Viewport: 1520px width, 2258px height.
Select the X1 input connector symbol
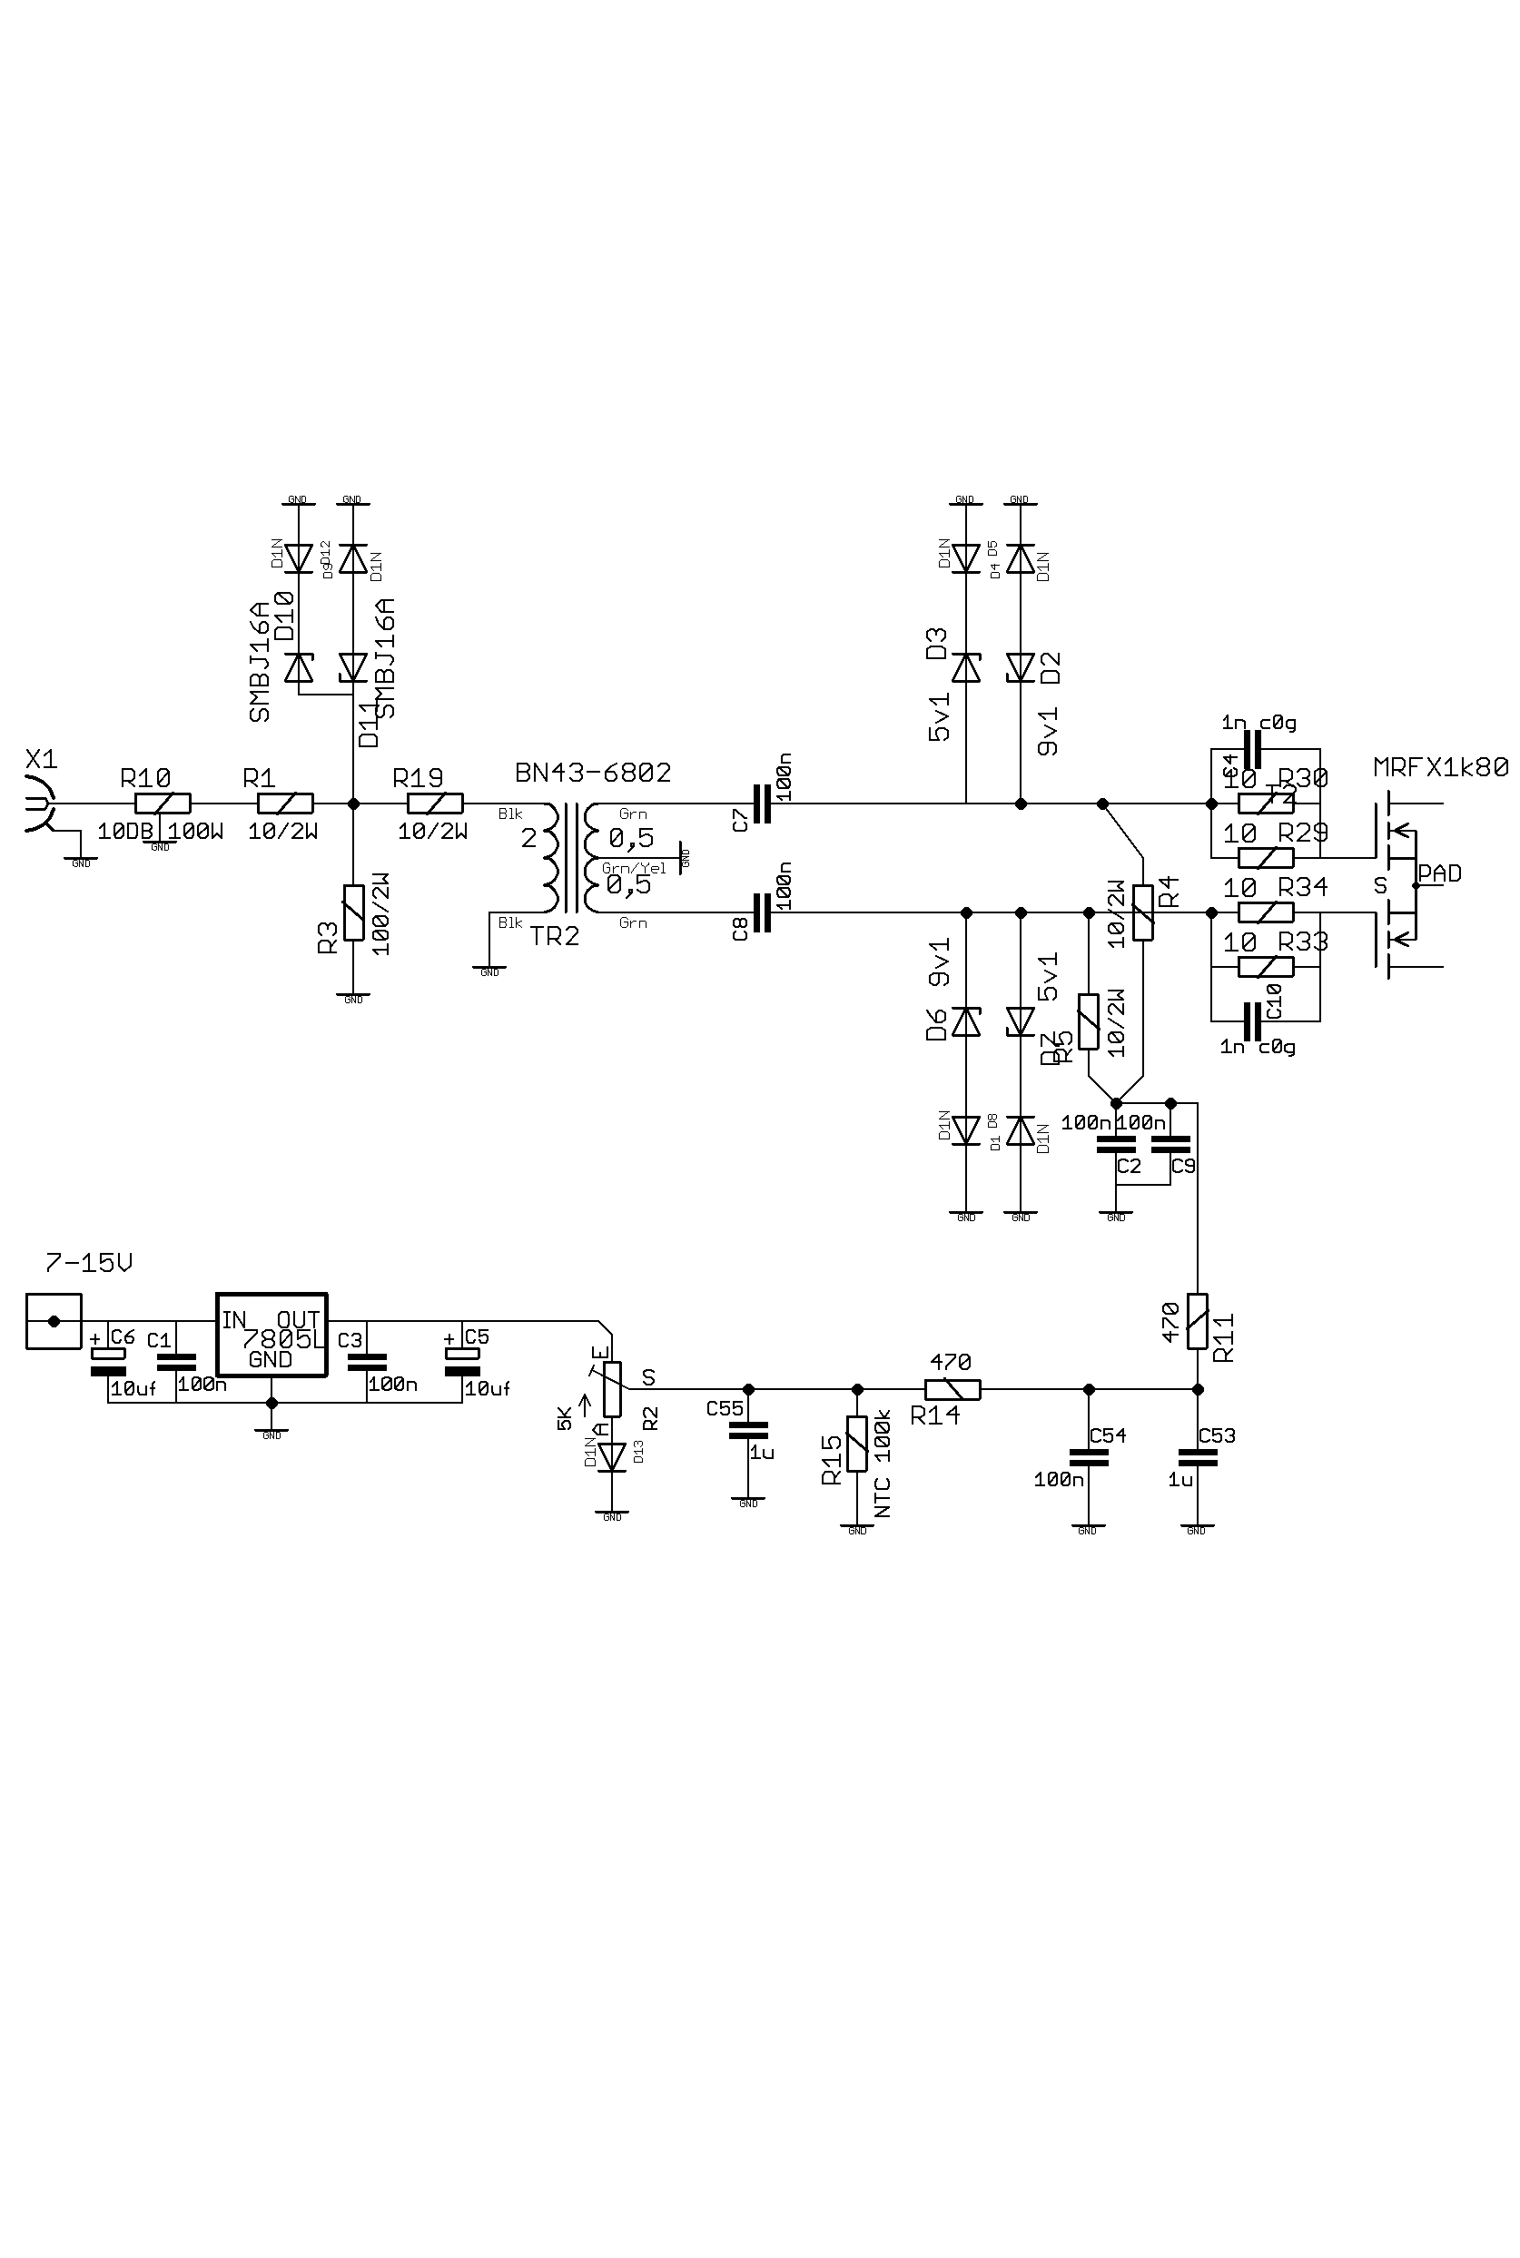tap(37, 804)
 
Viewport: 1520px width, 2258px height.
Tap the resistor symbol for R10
tap(162, 804)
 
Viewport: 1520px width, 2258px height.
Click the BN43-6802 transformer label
tap(593, 773)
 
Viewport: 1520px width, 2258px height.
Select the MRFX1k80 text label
tap(1440, 767)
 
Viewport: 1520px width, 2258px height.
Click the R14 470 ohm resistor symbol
tap(952, 1389)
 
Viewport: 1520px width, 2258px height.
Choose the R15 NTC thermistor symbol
tap(857, 1444)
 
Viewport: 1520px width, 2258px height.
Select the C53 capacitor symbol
tap(1197, 1455)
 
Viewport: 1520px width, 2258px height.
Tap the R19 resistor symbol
tap(435, 804)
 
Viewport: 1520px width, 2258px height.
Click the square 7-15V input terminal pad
tap(54, 1321)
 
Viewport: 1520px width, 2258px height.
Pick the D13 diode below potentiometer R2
tap(612, 1456)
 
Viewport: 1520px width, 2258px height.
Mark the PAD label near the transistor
tap(1439, 873)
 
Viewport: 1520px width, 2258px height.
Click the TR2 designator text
tap(555, 935)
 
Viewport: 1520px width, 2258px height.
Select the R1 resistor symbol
tap(285, 804)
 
